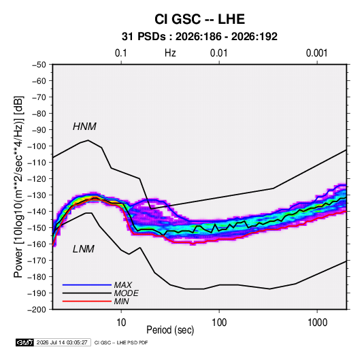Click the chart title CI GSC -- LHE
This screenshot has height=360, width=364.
pos(199,19)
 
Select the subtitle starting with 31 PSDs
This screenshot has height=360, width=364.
pos(199,37)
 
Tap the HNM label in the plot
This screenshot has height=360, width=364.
pos(84,127)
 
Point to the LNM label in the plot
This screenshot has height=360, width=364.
pos(84,249)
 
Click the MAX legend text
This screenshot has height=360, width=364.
pos(123,285)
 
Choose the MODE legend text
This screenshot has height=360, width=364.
pos(127,293)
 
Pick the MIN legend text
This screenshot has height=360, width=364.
pos(121,301)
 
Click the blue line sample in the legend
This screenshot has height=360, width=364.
pos(87,284)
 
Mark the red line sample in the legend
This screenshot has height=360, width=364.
pos(87,301)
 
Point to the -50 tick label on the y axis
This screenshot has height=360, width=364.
pos(39,65)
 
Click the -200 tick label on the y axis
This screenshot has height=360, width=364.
pos(37,310)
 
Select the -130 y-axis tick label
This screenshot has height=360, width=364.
pos(37,195)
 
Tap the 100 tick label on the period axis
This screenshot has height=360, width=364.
pos(219,323)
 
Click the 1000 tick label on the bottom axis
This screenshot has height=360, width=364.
pos(317,323)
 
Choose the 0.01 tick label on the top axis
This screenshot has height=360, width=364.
pos(218,53)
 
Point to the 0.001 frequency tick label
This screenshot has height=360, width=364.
pos(316,53)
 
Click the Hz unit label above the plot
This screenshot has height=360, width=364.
pos(170,53)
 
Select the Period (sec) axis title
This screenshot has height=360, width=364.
pos(170,330)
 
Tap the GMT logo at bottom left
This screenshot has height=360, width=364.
pos(24,342)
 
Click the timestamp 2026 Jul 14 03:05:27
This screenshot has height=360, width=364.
pos(62,342)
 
